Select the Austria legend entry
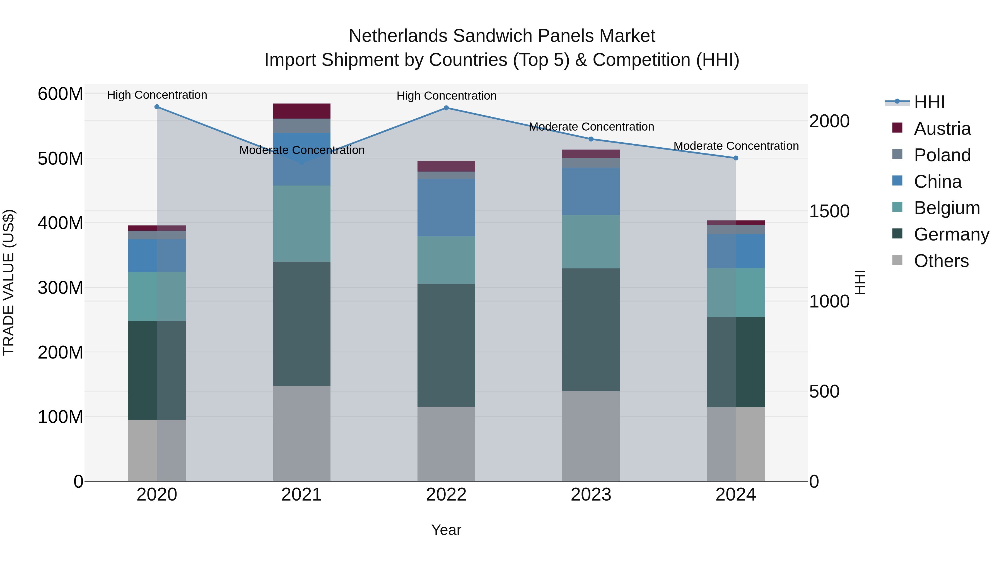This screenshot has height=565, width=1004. pos(942,129)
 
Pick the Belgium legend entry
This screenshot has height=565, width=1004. pos(946,208)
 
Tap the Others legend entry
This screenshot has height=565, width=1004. pos(941,261)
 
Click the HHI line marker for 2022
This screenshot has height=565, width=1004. pos(446,108)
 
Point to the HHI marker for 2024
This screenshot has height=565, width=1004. pos(735,158)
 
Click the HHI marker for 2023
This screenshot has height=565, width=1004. pos(591,139)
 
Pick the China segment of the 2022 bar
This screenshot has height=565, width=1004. pos(446,207)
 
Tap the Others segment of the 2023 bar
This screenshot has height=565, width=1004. pos(591,436)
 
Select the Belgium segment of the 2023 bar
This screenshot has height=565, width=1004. pos(591,242)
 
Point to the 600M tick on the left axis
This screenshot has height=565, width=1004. pos(61,94)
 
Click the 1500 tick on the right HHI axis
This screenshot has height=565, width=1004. pos(829,211)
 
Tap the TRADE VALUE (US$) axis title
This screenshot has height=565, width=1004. pos(9,282)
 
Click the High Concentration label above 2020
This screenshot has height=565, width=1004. pos(157,95)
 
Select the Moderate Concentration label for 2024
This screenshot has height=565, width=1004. pos(736,146)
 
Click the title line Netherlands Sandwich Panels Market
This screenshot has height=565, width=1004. pos(502,36)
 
